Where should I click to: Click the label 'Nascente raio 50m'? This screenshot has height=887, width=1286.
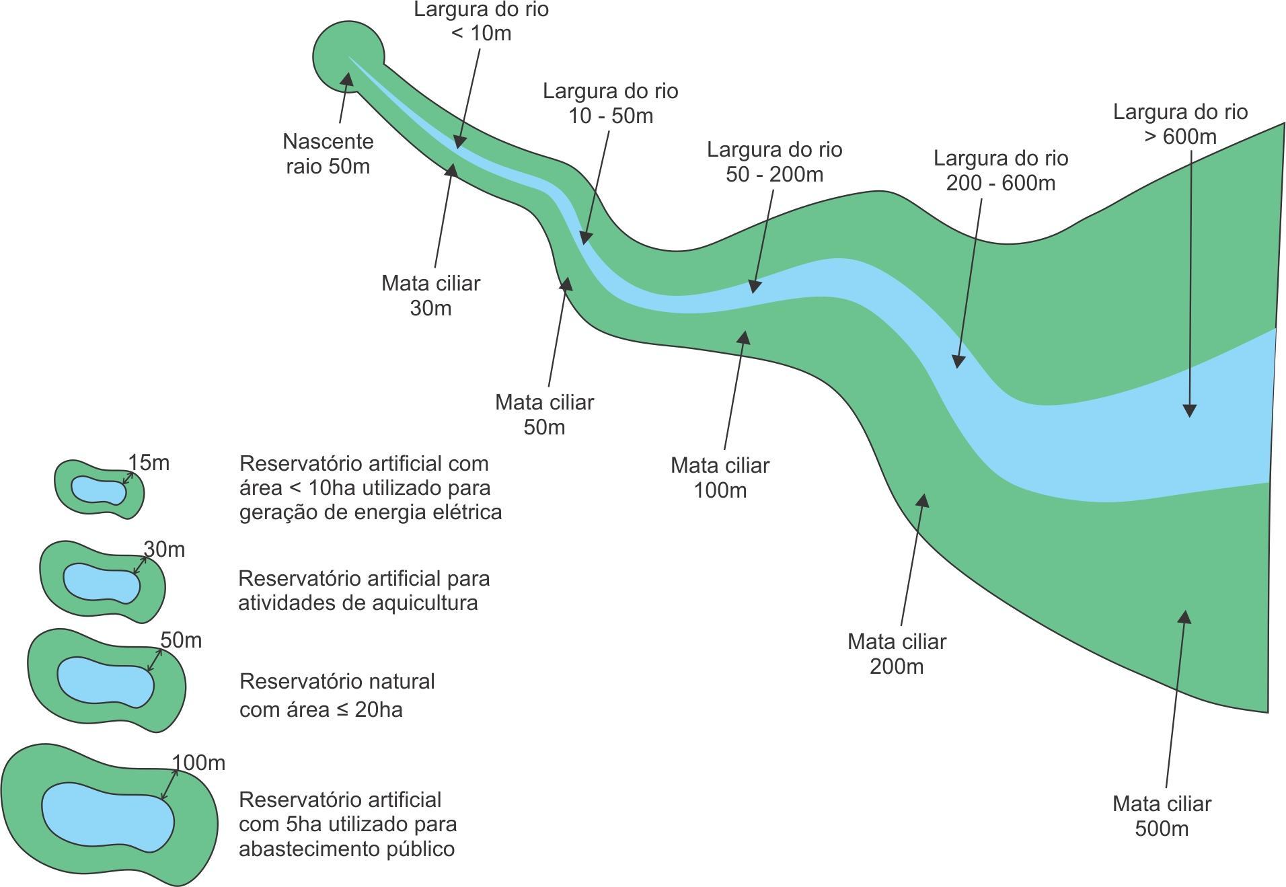(328, 154)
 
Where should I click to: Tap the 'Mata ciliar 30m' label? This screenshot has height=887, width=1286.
(430, 295)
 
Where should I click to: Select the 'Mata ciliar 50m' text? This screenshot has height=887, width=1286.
(544, 414)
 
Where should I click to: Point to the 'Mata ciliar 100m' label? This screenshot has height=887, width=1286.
(720, 477)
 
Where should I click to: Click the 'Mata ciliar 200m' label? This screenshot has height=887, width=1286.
(897, 654)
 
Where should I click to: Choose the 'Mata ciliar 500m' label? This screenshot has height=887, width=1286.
(1162, 816)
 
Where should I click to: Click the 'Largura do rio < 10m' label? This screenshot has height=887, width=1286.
(481, 21)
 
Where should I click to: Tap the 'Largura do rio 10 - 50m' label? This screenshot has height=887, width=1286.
(610, 103)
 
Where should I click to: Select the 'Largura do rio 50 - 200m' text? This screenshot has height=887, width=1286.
(774, 161)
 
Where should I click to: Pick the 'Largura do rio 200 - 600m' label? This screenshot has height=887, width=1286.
(1000, 170)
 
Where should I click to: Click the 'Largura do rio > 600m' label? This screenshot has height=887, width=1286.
(1180, 124)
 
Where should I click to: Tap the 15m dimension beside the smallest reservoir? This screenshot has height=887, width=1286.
(149, 463)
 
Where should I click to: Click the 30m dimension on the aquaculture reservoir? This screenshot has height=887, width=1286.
(164, 549)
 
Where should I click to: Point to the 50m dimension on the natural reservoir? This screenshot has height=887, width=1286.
(181, 640)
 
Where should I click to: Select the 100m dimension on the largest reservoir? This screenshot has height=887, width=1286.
(198, 763)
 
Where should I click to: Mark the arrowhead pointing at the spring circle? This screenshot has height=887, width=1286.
(347, 79)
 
